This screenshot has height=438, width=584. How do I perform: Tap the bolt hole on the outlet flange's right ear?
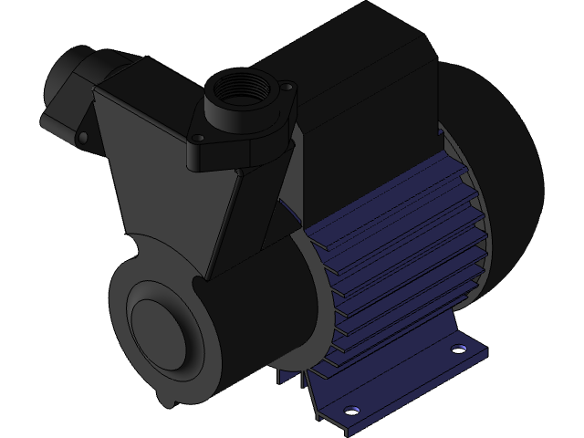tap(289, 88)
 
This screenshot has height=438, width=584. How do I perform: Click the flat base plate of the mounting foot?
tap(401, 383)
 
